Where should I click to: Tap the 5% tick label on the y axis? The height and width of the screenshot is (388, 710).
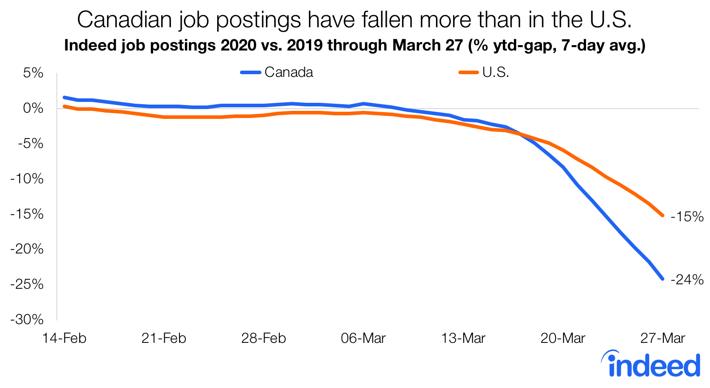[x=34, y=73]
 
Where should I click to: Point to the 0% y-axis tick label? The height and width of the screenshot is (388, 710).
[x=34, y=108]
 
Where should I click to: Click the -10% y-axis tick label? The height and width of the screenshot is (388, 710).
[x=27, y=179]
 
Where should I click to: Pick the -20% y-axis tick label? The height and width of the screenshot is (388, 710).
[x=27, y=249]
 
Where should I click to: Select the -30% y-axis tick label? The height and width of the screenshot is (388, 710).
[x=27, y=320]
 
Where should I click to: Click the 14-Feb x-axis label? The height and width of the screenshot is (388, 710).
[x=64, y=338]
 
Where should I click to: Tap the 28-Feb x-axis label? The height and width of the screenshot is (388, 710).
[x=263, y=338]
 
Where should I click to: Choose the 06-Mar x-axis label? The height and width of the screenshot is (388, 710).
[x=363, y=338]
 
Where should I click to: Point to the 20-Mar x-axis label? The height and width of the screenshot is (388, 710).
[x=563, y=338]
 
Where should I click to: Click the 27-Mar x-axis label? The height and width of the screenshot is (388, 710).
[x=663, y=338]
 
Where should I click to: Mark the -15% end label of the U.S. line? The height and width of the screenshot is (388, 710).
[x=687, y=217]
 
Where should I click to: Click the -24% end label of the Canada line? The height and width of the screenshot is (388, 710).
[x=687, y=280]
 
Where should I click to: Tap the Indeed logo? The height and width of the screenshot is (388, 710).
[x=651, y=364]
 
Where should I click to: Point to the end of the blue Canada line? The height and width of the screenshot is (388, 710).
[x=663, y=279]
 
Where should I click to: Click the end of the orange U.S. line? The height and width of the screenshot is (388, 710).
[x=663, y=215]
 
